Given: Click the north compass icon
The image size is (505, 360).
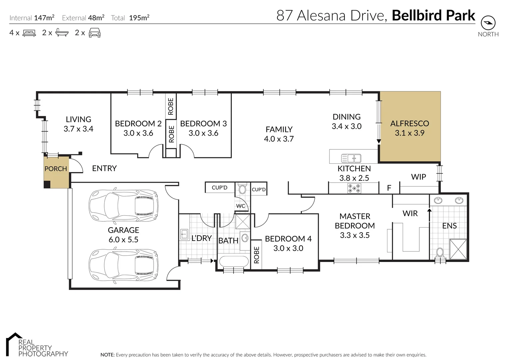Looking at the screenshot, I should coord(488,23).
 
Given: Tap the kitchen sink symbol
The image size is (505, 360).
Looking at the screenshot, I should coord(351,158).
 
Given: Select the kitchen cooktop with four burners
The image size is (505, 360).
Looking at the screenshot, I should coord(354,188).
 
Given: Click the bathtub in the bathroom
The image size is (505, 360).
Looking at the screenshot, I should coord(234,262).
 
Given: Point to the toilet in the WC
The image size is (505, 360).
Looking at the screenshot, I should coord(243,189).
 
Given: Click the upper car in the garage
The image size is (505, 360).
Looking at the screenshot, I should coord(123,206).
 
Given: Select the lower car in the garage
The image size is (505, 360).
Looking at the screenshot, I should coord(123,265).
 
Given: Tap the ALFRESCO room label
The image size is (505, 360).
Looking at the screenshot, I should coord(409,124).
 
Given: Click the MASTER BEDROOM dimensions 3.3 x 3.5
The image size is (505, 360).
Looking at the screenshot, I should coord(354,235).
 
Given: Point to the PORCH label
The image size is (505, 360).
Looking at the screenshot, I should coord(56,169).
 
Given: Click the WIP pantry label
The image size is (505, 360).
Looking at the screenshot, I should coord(418,177).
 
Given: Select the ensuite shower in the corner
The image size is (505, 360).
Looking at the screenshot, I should coord(458,249).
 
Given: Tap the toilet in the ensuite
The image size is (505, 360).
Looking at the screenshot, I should coord(440,252).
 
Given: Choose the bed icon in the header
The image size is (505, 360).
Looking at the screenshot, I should coord(29,33).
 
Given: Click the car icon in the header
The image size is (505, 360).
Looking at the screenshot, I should coord(95,33).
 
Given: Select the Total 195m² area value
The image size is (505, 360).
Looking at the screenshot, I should coord(139,18).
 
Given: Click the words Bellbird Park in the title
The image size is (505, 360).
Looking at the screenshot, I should coord(433,16).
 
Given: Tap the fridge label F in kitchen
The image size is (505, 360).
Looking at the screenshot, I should coord(389,188).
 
